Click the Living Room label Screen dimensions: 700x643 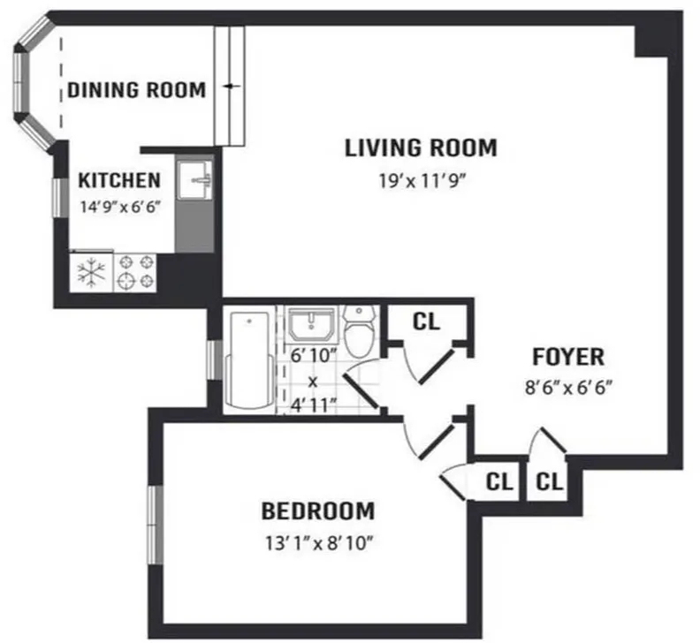pyautogui.click(x=421, y=148)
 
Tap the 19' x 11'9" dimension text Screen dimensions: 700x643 pyautogui.click(x=422, y=181)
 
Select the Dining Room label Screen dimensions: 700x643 pyautogui.click(x=137, y=90)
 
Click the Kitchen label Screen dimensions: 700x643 pyautogui.click(x=119, y=180)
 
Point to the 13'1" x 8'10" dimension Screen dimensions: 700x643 pyautogui.click(x=319, y=543)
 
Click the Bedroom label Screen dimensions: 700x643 pyautogui.click(x=318, y=511)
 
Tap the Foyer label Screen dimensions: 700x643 pyautogui.click(x=568, y=357)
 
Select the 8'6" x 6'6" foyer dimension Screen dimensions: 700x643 pyautogui.click(x=567, y=388)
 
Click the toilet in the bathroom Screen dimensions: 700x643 pyautogui.click(x=360, y=331)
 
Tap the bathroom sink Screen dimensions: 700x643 pyautogui.click(x=311, y=323)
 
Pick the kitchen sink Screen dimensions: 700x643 pyautogui.click(x=194, y=180)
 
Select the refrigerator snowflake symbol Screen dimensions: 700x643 pyautogui.click(x=91, y=272)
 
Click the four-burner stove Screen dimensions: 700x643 pyautogui.click(x=135, y=273)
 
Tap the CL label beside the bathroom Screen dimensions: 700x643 pyautogui.click(x=427, y=321)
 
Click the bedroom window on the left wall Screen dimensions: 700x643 pyautogui.click(x=155, y=525)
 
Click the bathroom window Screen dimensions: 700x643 pyautogui.click(x=215, y=359)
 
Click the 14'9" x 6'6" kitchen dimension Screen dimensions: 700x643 pyautogui.click(x=119, y=207)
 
